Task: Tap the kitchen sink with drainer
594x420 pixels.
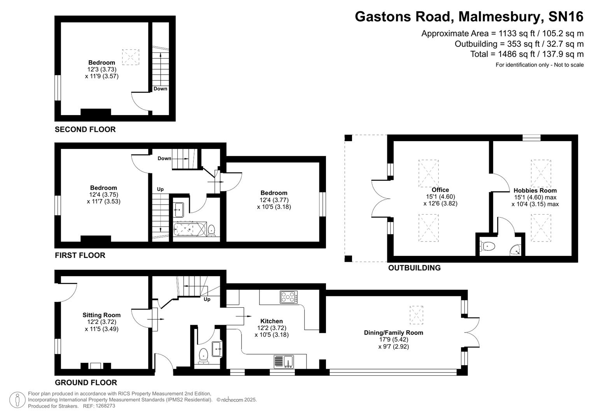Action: pyautogui.click(x=284, y=361)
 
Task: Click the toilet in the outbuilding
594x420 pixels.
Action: pyautogui.click(x=488, y=246)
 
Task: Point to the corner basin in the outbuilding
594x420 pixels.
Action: pyautogui.click(x=516, y=250)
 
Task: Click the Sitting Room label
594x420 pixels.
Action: pyautogui.click(x=102, y=315)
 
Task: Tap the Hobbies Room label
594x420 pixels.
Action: pyautogui.click(x=535, y=191)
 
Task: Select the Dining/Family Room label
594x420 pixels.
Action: pyautogui.click(x=393, y=332)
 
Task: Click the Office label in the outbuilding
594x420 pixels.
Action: pyautogui.click(x=440, y=190)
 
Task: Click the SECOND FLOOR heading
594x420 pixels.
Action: pyautogui.click(x=85, y=129)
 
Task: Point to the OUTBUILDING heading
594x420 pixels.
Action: pyautogui.click(x=414, y=268)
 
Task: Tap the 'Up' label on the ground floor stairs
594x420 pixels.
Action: pyautogui.click(x=207, y=299)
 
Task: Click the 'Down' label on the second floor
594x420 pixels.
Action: pyautogui.click(x=160, y=89)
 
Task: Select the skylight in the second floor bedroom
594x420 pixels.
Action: pyautogui.click(x=131, y=57)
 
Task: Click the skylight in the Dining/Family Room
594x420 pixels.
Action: pyautogui.click(x=416, y=315)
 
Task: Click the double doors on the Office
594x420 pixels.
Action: pyautogui.click(x=380, y=199)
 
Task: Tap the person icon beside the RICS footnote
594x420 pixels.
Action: pyautogui.click(x=17, y=400)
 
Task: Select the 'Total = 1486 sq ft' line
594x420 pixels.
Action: pyautogui.click(x=527, y=54)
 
